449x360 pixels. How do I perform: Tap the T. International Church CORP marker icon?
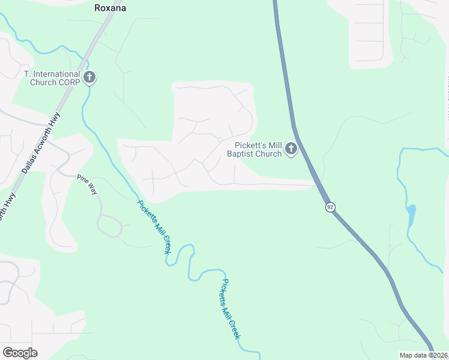(x=90, y=77)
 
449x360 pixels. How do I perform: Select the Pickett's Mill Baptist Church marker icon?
(x=291, y=148)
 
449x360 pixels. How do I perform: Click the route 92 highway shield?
(x=330, y=207)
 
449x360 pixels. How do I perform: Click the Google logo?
(x=20, y=353)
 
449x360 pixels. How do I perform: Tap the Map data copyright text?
(x=423, y=355)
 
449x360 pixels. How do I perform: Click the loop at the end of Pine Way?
(x=110, y=226)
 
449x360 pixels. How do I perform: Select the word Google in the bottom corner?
(x=20, y=353)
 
